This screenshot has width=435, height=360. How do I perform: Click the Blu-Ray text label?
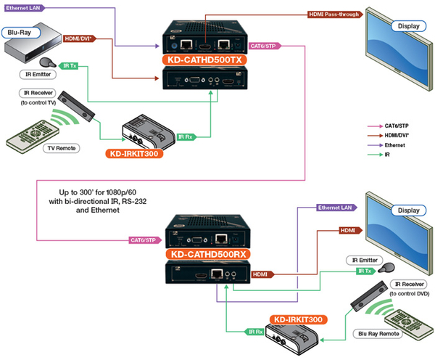click(20, 33)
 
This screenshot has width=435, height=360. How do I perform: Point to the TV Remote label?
click(62, 147)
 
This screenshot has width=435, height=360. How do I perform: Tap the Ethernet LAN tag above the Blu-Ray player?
click(26, 7)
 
